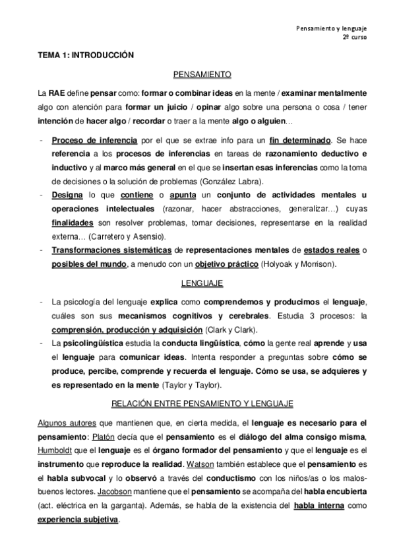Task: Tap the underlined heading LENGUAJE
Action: tap(202, 283)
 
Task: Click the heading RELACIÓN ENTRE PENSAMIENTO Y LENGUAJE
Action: tap(202, 402)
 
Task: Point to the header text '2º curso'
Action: tap(355, 39)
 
